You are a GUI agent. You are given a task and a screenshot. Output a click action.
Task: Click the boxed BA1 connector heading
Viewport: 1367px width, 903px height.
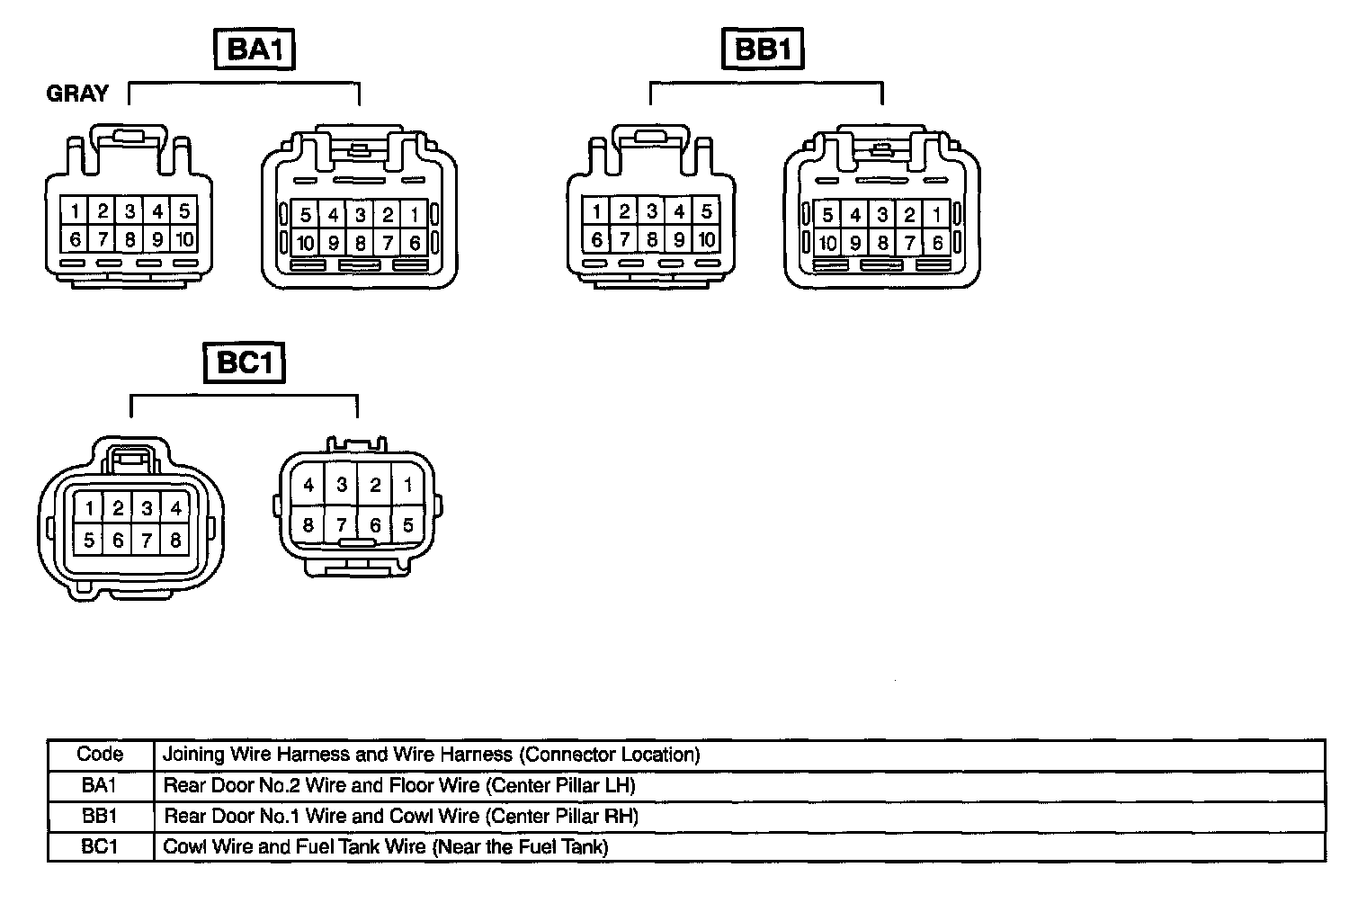tap(255, 49)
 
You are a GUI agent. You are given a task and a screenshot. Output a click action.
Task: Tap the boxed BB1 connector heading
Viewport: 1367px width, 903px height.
tap(763, 49)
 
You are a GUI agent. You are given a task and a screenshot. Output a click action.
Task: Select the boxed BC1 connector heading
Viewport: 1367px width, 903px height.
tap(244, 362)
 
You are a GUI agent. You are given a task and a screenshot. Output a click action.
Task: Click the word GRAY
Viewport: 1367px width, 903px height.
tap(77, 94)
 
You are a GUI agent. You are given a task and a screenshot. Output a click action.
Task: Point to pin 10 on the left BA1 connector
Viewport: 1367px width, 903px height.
tap(184, 239)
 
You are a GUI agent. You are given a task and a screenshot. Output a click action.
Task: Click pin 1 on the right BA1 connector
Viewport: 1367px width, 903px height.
tap(415, 215)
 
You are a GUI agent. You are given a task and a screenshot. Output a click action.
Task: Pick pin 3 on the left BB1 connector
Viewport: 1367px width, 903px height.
tap(652, 212)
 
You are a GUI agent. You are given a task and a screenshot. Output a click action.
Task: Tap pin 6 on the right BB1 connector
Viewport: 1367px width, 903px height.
tap(937, 242)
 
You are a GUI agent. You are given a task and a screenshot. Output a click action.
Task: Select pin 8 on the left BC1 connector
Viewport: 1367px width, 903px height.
tap(175, 541)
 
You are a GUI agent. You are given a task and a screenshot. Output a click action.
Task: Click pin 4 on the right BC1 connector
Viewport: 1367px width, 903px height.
tap(308, 486)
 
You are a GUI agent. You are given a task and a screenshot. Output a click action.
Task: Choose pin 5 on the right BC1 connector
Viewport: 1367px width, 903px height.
tap(408, 524)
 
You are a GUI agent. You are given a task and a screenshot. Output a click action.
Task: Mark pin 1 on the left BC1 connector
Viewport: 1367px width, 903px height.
tap(90, 508)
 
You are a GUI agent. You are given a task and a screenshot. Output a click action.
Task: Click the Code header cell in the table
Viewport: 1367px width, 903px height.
tap(100, 755)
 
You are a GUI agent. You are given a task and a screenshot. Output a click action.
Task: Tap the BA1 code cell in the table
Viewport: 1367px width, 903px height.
tap(100, 785)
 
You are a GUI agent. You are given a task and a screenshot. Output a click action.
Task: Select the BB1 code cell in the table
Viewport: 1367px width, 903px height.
tap(100, 817)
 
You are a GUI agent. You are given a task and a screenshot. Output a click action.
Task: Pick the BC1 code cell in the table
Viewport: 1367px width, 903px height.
tap(100, 847)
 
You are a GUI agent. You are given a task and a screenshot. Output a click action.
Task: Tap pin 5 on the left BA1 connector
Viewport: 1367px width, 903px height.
tap(184, 211)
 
